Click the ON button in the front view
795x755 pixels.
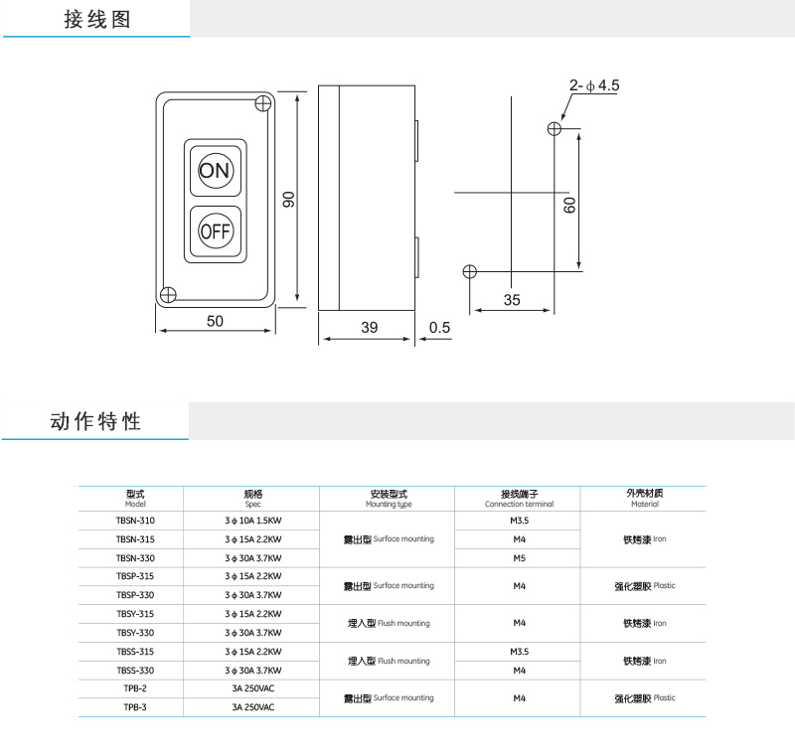pos(214,170)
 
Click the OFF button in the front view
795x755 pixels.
pos(214,231)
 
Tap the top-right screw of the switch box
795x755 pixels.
pos(263,102)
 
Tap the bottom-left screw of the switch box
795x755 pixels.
pos(169,293)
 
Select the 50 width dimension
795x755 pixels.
pos(215,321)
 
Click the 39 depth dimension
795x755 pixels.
pos(368,328)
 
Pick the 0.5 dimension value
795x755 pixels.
pos(439,328)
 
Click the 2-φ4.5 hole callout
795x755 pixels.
pos(594,86)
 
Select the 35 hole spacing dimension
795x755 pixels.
pos(512,300)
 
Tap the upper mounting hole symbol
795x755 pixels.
pos(555,129)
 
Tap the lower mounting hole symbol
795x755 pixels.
pos(470,271)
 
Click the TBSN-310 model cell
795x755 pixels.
pos(135,521)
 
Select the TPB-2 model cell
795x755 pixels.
pos(135,688)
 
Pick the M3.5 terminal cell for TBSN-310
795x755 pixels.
pos(519,521)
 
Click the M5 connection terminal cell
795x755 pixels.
pos(519,558)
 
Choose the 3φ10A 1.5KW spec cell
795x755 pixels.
pos(252,521)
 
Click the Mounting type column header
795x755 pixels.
pos(388,499)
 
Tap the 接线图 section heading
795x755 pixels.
pos(96,19)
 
